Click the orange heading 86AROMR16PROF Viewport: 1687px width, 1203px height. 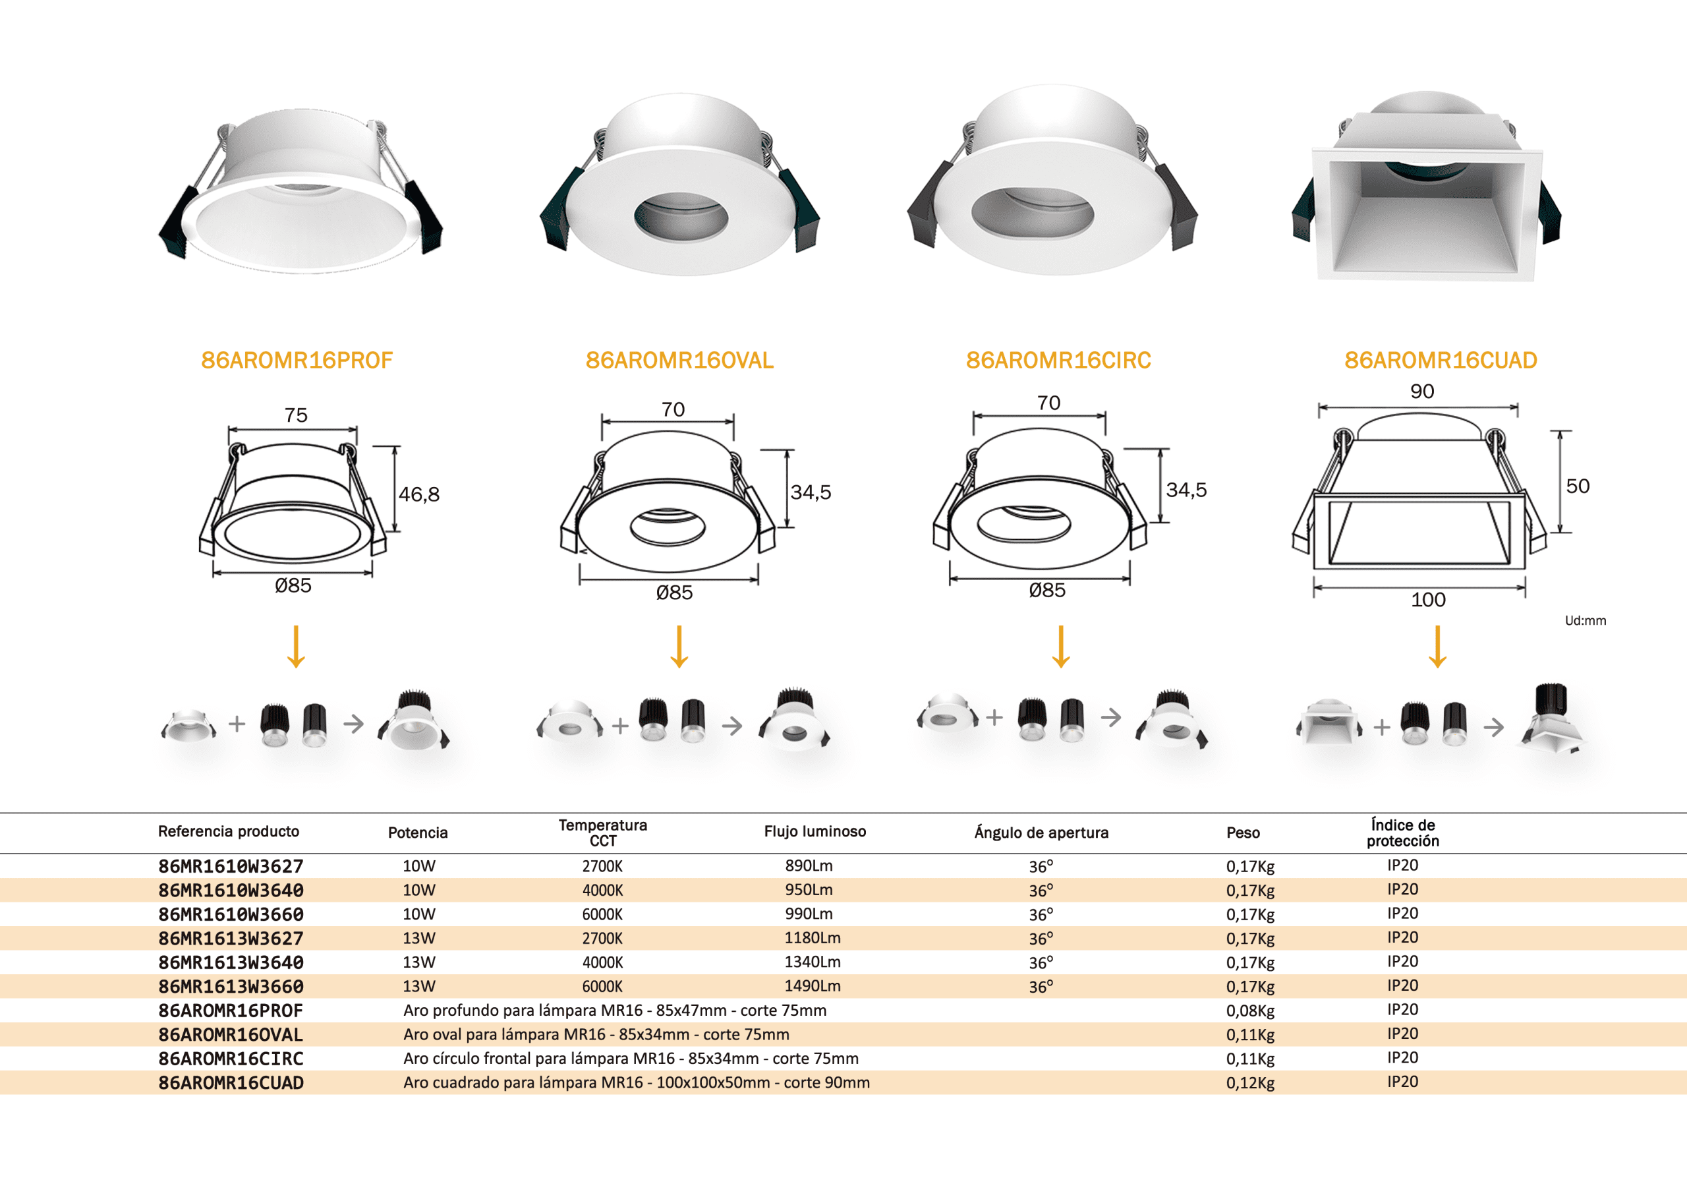[297, 360]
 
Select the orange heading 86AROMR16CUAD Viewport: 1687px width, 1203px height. [1441, 360]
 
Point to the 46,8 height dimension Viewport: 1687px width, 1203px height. [419, 494]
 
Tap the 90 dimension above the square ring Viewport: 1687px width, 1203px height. [1422, 391]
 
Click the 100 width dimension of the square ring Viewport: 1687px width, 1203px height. [1428, 599]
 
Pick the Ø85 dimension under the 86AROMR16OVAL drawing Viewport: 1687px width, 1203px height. [674, 592]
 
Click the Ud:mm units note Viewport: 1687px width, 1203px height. [1585, 621]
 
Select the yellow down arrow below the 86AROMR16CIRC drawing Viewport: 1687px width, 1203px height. [1061, 647]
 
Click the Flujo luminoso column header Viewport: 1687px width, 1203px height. [815, 831]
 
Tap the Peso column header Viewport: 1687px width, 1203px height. [1243, 833]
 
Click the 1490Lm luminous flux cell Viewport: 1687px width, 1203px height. [813, 986]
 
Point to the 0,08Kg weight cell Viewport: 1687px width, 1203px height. [1250, 1011]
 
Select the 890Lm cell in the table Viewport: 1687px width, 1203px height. [809, 866]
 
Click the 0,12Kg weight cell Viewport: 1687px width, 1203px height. [1250, 1082]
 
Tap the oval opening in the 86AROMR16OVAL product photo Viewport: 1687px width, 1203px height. [681, 216]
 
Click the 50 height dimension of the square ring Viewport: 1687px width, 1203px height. [1578, 486]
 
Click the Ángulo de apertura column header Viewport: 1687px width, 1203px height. [1041, 833]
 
